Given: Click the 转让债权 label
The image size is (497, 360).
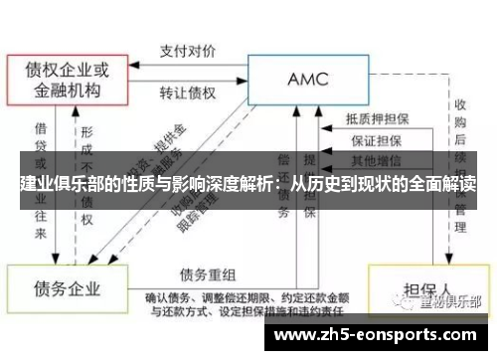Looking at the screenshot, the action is pos(190,92).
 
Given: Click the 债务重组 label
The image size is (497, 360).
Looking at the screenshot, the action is pos(209,274).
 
